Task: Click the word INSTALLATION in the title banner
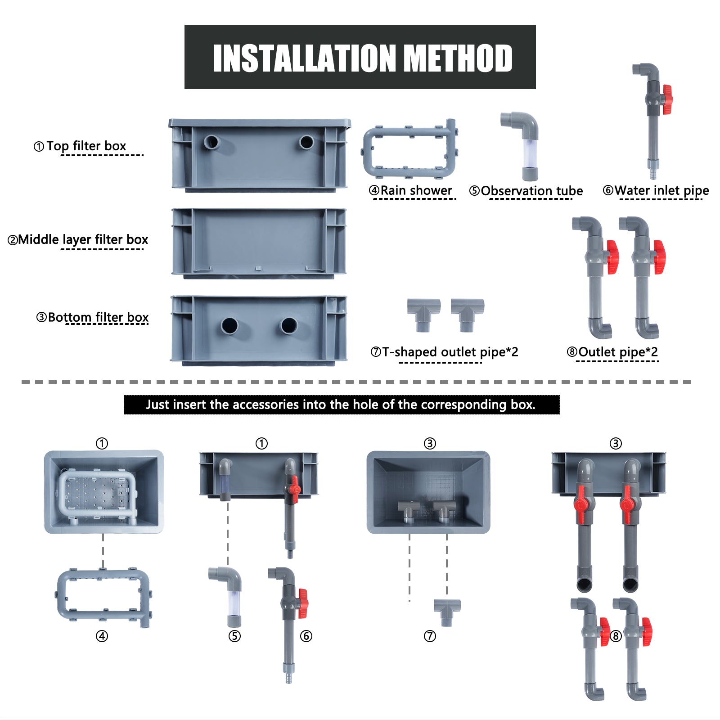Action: tap(305, 58)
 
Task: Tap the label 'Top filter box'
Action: tap(86, 146)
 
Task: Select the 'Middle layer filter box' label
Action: tap(83, 239)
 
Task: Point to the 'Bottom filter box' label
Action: tap(98, 317)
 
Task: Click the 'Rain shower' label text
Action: tap(416, 190)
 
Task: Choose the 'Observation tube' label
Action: tap(532, 191)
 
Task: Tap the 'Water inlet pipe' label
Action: tap(661, 191)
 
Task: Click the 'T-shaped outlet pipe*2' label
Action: tap(450, 352)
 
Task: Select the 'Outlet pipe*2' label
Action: tap(618, 352)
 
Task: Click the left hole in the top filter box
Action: tap(211, 143)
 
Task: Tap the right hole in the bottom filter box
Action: tap(288, 325)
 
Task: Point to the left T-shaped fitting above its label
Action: tap(423, 315)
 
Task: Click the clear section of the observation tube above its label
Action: tap(530, 153)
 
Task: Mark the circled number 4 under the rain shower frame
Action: tap(102, 636)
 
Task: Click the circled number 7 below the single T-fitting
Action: tap(430, 636)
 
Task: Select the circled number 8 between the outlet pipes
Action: tap(616, 636)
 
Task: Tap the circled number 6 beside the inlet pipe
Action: tap(306, 636)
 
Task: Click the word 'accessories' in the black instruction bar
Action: tap(268, 405)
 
